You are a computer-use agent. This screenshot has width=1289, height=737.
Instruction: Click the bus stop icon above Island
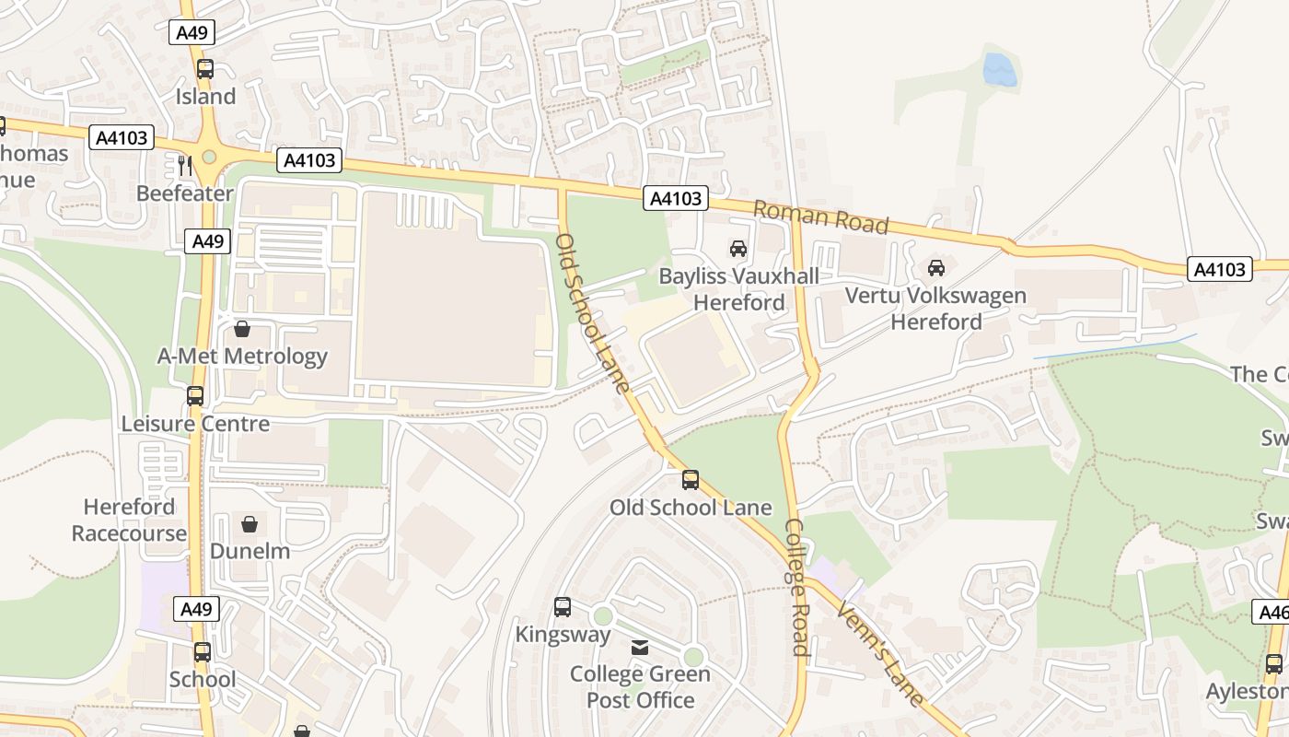click(205, 69)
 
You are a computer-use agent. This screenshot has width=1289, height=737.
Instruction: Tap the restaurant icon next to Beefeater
click(185, 166)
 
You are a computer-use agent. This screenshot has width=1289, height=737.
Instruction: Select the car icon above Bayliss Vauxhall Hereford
click(737, 249)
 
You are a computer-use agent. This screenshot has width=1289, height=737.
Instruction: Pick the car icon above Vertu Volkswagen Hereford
click(936, 268)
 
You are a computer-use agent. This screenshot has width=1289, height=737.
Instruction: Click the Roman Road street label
click(820, 217)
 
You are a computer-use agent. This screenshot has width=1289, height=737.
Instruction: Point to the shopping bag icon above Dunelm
click(250, 524)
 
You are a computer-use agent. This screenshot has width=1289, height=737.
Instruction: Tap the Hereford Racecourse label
click(129, 520)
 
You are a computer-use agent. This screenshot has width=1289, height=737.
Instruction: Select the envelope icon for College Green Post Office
click(640, 648)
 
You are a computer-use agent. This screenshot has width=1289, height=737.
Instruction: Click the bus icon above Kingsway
click(563, 607)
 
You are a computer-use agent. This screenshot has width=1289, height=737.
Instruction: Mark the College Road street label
click(795, 587)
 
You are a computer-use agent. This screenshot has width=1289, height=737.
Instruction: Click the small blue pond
click(999, 70)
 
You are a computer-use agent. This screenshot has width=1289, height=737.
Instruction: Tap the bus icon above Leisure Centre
click(195, 396)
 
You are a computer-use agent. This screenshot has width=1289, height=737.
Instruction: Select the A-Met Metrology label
click(242, 357)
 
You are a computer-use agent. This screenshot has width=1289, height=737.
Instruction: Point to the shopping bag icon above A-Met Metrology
click(242, 329)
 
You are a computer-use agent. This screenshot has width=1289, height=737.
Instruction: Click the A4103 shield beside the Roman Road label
click(677, 198)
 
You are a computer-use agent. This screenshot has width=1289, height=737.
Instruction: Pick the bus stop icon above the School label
click(202, 652)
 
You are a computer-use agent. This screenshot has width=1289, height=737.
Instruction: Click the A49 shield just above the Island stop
click(192, 33)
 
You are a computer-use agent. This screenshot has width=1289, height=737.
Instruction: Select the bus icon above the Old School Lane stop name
click(691, 480)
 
